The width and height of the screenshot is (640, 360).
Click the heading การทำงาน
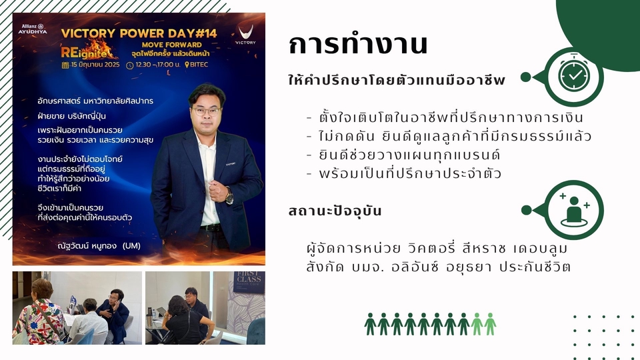(x=358, y=44)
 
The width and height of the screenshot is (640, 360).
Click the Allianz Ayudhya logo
(x=33, y=29)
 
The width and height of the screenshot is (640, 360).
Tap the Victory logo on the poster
(x=245, y=34)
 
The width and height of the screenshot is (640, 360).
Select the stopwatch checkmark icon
(x=574, y=75)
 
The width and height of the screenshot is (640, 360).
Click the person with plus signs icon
(x=574, y=209)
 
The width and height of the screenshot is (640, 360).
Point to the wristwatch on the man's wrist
(x=229, y=197)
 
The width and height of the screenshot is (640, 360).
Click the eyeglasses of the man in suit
(x=207, y=111)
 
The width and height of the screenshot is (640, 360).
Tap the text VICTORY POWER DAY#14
(x=139, y=33)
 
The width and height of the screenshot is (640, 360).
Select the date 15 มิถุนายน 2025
(x=91, y=65)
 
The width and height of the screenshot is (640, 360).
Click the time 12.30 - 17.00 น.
(x=153, y=65)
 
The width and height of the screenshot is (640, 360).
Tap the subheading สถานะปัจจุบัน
(x=335, y=211)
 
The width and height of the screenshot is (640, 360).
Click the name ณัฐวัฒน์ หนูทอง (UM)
(x=99, y=246)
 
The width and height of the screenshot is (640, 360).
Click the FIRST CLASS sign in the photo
(x=249, y=281)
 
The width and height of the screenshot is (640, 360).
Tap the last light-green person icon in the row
(x=490, y=325)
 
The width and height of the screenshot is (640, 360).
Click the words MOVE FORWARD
(x=171, y=45)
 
